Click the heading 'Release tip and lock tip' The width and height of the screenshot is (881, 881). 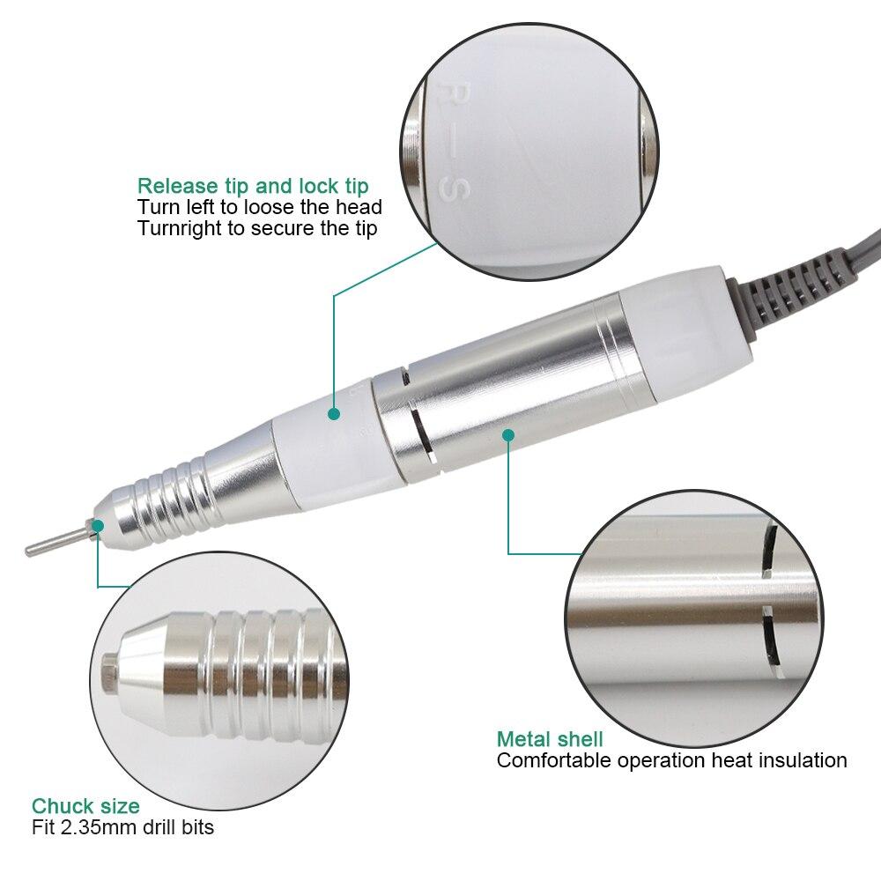pyautogui.click(x=253, y=186)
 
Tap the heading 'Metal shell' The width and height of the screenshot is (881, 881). pyautogui.click(x=550, y=738)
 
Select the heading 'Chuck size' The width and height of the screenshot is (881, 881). pyautogui.click(x=85, y=805)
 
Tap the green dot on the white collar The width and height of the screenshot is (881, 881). pyautogui.click(x=334, y=412)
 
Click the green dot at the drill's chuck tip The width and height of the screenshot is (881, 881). pyautogui.click(x=98, y=526)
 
